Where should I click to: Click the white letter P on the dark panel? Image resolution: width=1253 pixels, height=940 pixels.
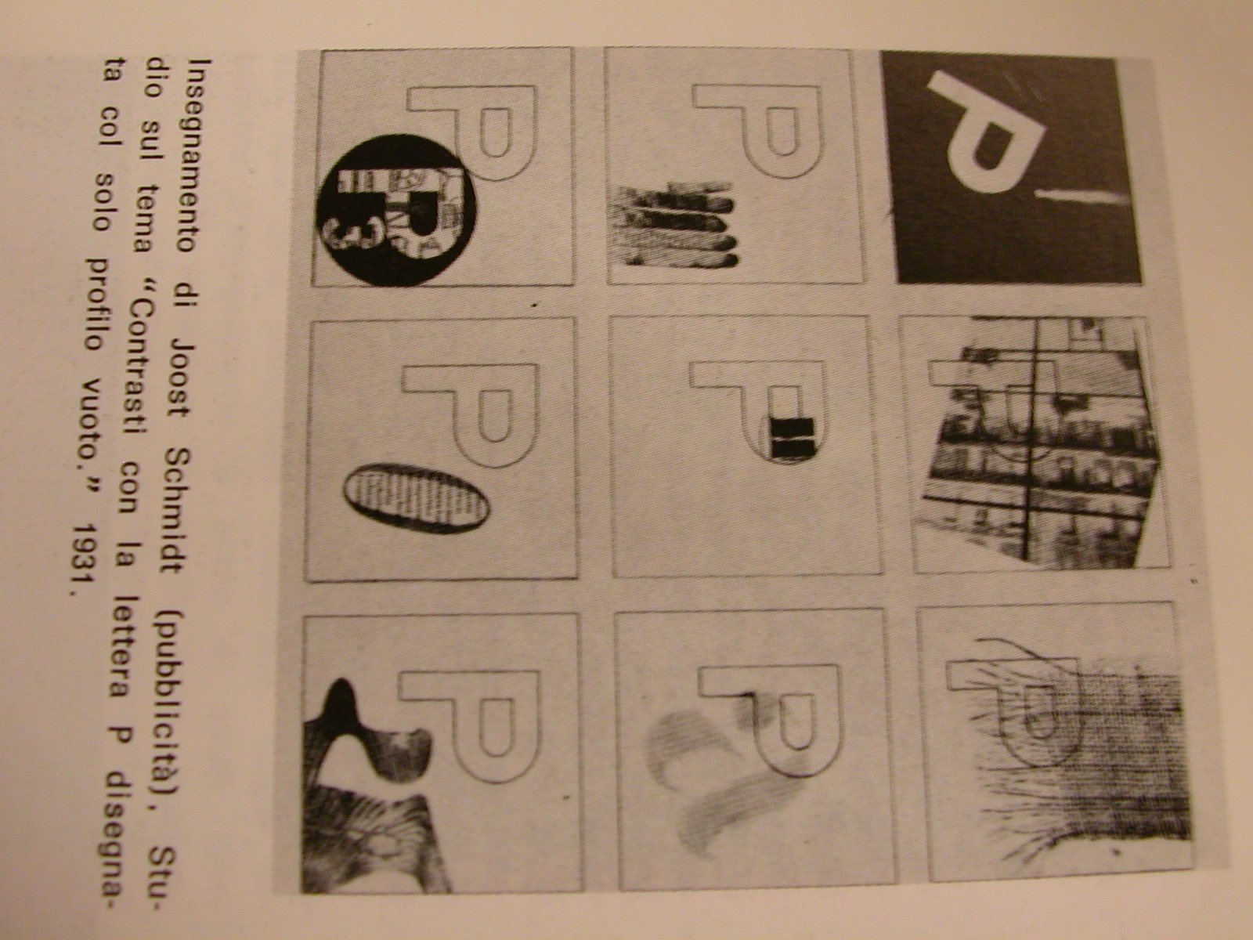click(984, 134)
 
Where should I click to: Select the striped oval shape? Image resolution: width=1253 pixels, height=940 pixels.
click(416, 498)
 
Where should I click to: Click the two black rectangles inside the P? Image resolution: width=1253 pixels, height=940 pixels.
click(792, 436)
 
